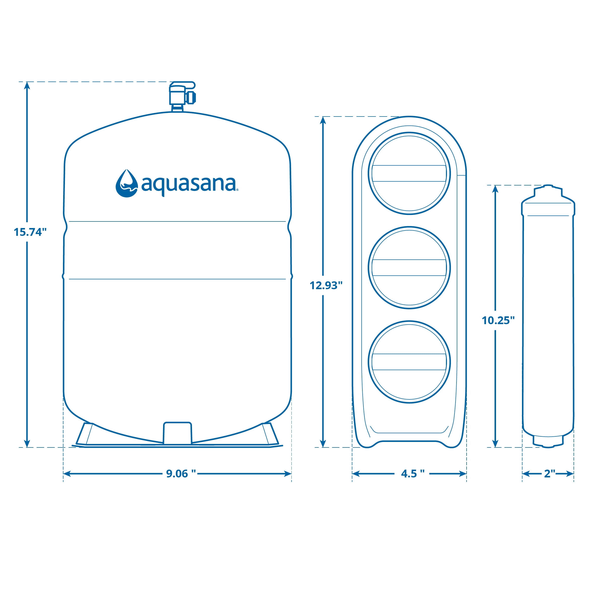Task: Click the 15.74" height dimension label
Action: pyautogui.click(x=30, y=232)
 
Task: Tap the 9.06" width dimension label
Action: pyautogui.click(x=181, y=474)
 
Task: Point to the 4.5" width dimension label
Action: pyautogui.click(x=413, y=474)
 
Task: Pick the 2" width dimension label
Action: pyautogui.click(x=550, y=474)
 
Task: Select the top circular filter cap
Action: pyautogui.click(x=409, y=173)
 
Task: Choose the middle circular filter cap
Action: pyautogui.click(x=409, y=268)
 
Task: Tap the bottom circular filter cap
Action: pyautogui.click(x=409, y=362)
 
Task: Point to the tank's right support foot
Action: pyautogui.click(x=270, y=434)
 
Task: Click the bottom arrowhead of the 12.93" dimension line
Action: pyautogui.click(x=323, y=443)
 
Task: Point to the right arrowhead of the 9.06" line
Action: pyautogui.click(x=288, y=474)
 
